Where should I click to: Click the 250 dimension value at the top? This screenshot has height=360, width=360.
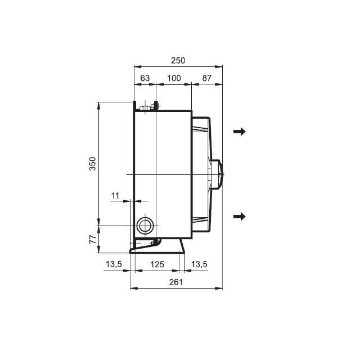pyautogui.click(x=178, y=60)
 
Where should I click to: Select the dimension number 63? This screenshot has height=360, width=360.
pyautogui.click(x=145, y=78)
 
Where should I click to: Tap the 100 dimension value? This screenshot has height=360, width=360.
pyautogui.click(x=174, y=78)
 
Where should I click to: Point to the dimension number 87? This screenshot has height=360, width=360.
pyautogui.click(x=206, y=78)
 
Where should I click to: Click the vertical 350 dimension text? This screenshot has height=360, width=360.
pyautogui.click(x=92, y=164)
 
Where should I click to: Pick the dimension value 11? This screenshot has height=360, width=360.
pyautogui.click(x=115, y=196)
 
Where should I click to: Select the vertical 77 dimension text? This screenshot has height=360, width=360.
pyautogui.click(x=93, y=239)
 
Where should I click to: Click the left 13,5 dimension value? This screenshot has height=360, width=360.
pyautogui.click(x=114, y=264)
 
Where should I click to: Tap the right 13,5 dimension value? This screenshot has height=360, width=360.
pyautogui.click(x=199, y=264)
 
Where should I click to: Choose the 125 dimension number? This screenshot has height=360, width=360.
pyautogui.click(x=157, y=264)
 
